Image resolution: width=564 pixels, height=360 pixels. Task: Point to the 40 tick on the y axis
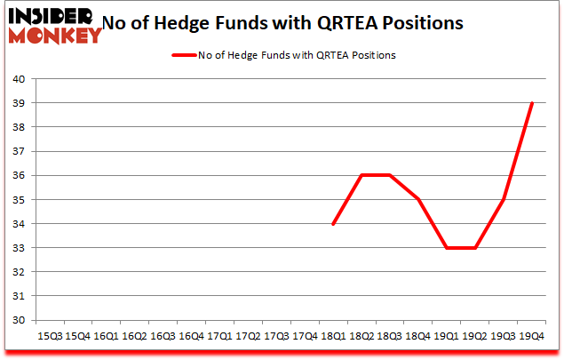17,79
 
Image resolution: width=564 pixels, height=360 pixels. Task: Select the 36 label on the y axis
17,176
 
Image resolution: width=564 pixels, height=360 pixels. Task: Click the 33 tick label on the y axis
17,248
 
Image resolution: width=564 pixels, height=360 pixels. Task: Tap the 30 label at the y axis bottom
17,321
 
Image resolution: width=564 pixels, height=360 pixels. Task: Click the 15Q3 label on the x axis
49,336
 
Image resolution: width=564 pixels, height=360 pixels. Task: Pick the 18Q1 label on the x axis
333,336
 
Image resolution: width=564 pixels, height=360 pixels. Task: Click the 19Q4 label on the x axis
532,336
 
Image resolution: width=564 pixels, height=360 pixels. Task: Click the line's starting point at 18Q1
333,224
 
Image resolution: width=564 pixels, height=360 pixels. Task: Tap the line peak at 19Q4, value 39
532,103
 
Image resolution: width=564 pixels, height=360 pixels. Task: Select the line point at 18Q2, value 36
361,175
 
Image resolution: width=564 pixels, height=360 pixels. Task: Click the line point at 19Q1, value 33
447,248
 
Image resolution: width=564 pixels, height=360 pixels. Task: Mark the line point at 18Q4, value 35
418,199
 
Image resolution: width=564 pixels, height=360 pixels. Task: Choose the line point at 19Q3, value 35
504,199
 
